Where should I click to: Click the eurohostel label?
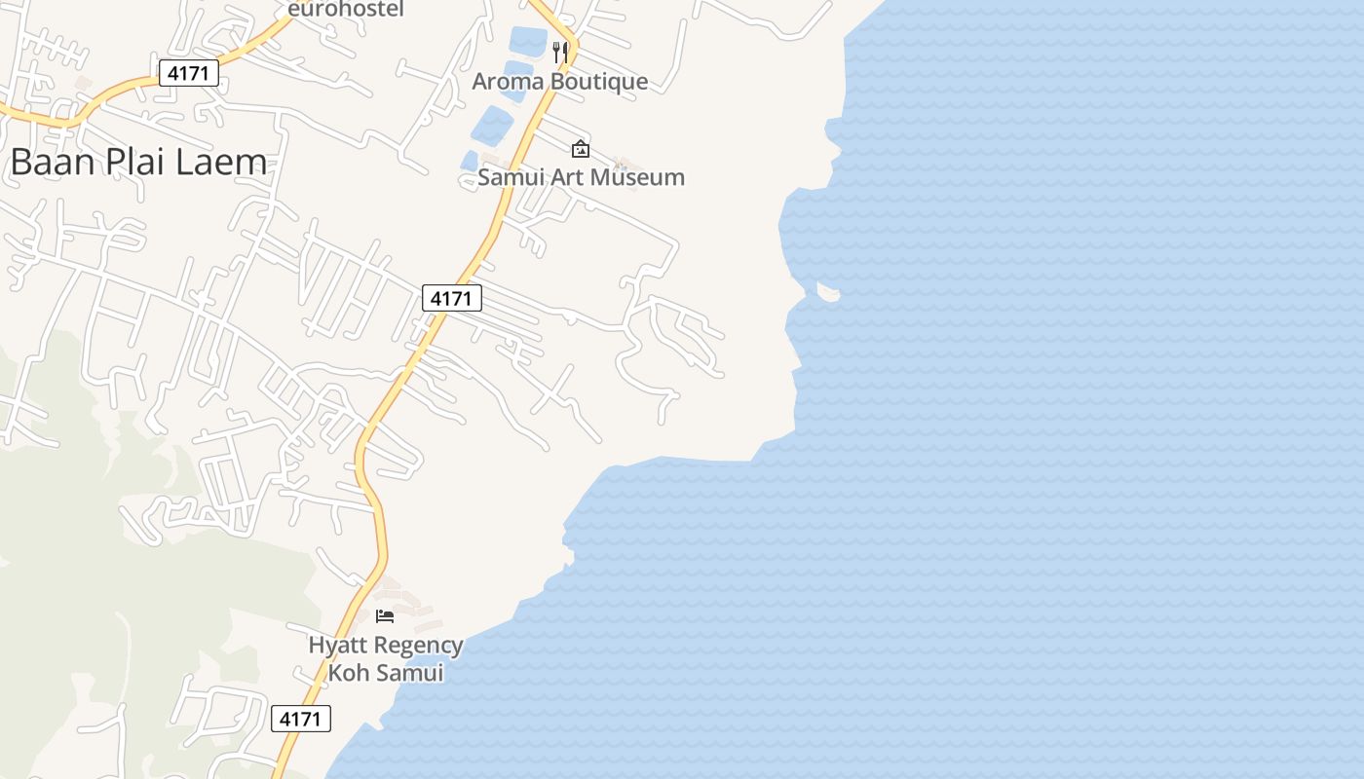[345, 9]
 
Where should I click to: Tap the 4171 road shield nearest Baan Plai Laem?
[189, 72]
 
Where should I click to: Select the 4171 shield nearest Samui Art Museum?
[452, 298]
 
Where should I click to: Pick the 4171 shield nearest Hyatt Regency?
[301, 719]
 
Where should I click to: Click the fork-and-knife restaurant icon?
[560, 52]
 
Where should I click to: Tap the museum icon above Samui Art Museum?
[581, 149]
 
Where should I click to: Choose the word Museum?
[633, 177]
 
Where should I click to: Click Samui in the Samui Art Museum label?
[509, 177]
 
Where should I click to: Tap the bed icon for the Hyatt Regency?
[385, 616]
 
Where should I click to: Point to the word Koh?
[347, 673]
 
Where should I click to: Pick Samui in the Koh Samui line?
[409, 673]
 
